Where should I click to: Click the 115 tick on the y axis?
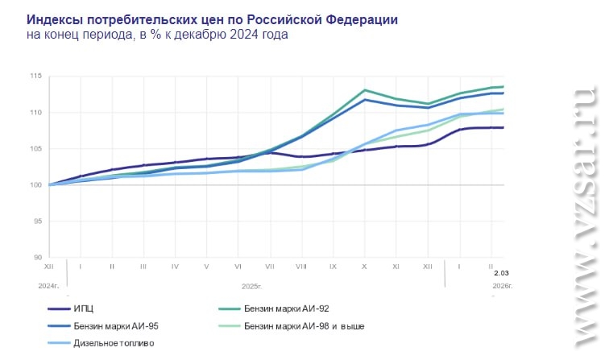point(35,77)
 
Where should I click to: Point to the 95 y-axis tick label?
point(37,221)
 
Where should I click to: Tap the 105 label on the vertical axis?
point(35,149)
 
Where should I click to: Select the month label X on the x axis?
point(364,266)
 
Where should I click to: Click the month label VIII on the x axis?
point(300,266)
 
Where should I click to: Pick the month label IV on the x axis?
point(175,266)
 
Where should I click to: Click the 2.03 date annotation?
point(501,274)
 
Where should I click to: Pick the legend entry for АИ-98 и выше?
point(300,325)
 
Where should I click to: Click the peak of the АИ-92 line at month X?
point(365,90)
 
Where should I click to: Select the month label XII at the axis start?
point(49,266)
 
